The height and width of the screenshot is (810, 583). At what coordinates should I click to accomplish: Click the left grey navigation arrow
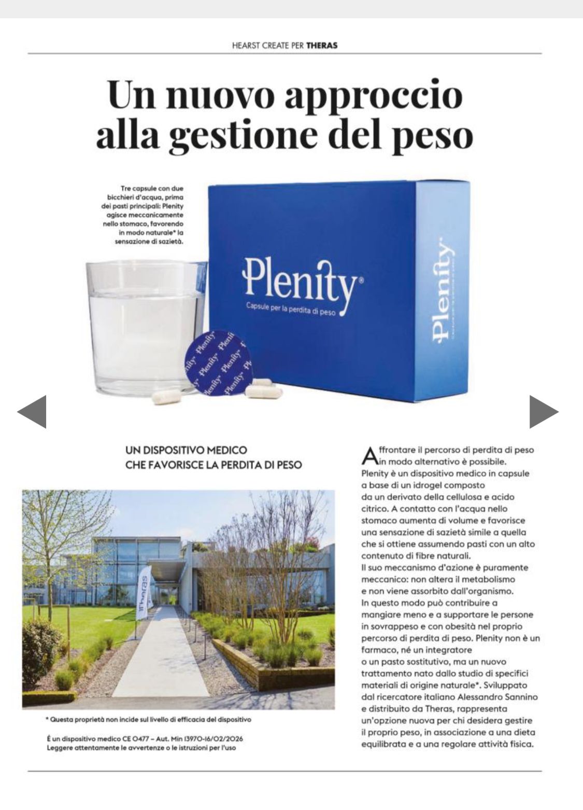tap(33, 412)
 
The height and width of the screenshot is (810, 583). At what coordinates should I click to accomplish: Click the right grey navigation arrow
tap(543, 412)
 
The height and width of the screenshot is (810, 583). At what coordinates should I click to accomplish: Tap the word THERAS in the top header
tap(322, 45)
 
